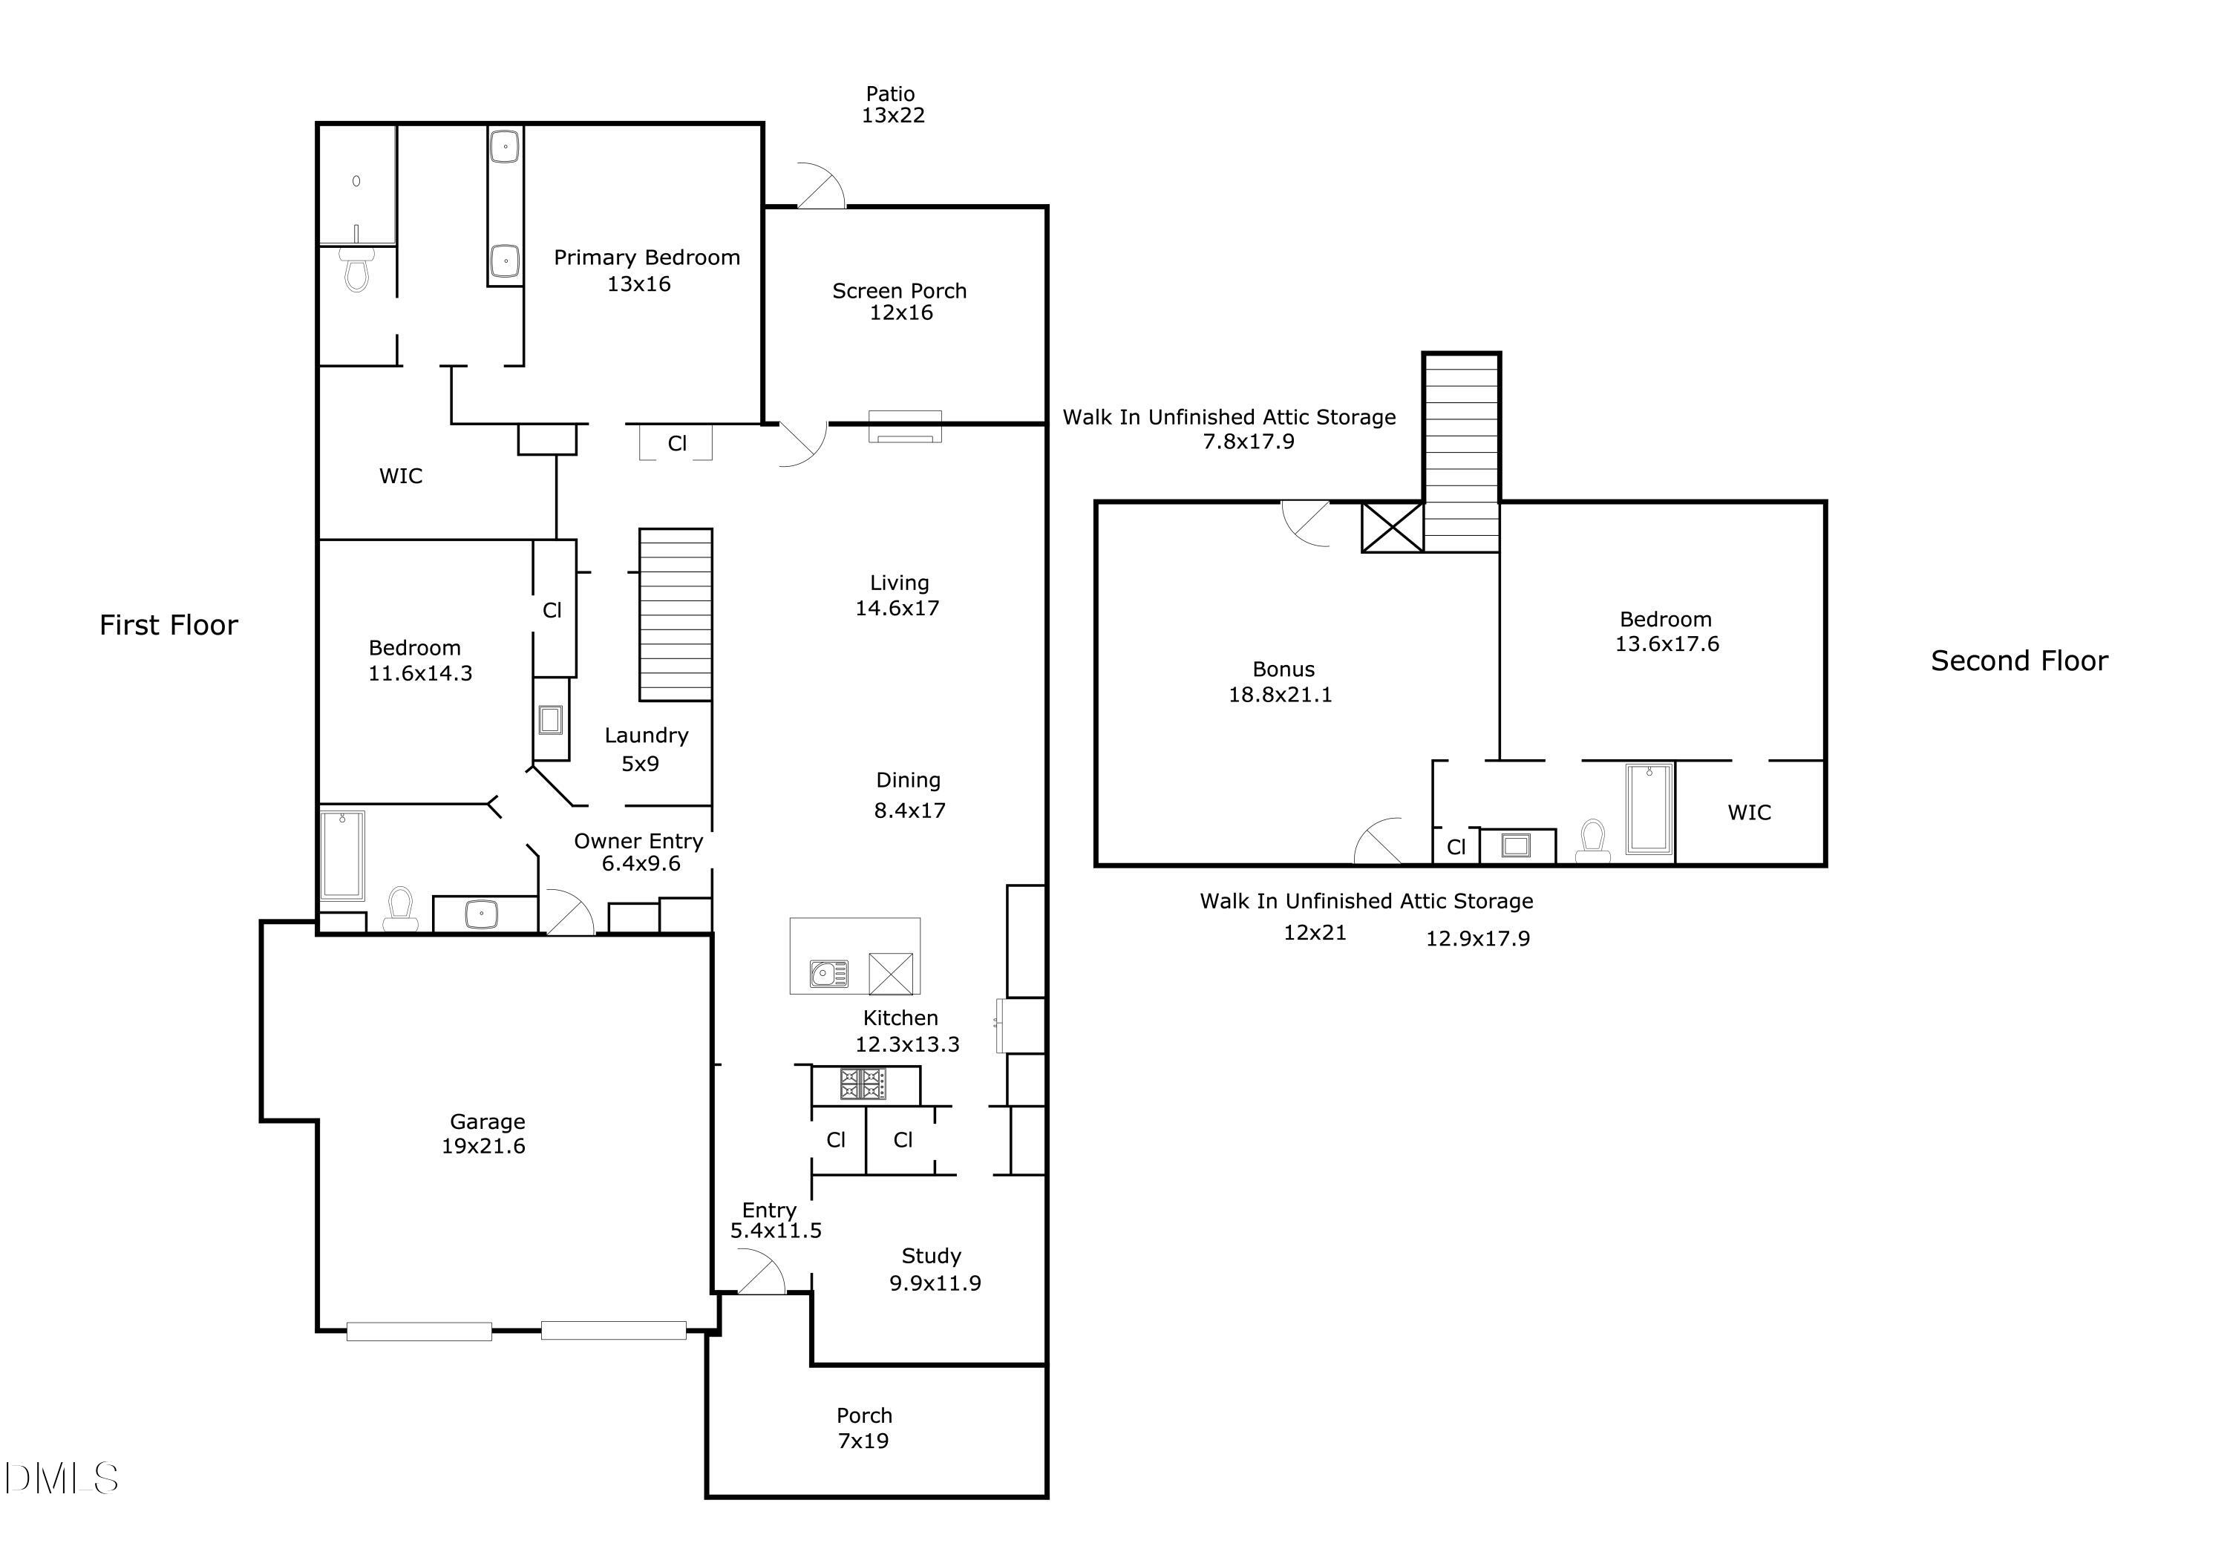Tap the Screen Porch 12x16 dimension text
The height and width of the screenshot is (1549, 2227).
tap(900, 312)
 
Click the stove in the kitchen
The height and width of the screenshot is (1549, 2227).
tap(863, 1084)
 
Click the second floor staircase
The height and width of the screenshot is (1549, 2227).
tap(1461, 453)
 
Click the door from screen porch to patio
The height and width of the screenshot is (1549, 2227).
tap(820, 187)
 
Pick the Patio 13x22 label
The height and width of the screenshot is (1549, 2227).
tap(892, 105)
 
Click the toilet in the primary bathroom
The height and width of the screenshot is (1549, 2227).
tap(357, 269)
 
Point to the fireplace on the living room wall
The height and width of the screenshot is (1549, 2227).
tap(904, 427)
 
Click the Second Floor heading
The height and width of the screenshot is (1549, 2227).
tap(2018, 661)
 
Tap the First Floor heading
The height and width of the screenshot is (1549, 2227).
tap(168, 626)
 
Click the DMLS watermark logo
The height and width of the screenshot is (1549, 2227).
tap(60, 1478)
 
